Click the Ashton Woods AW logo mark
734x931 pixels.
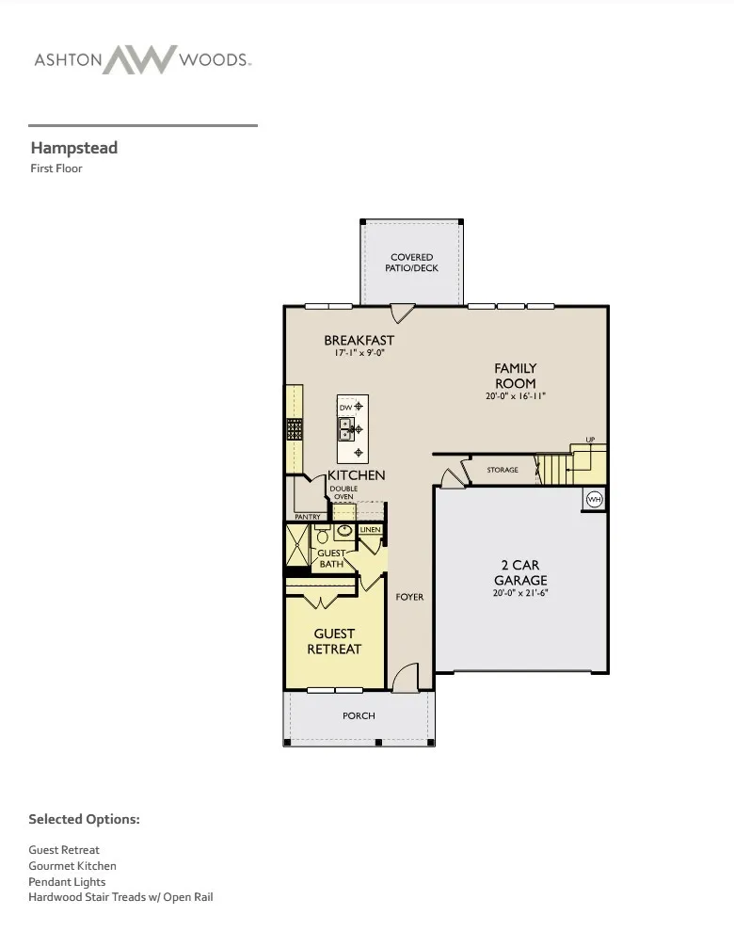[140, 59]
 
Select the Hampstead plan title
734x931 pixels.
[74, 148]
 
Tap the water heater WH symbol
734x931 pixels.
[595, 499]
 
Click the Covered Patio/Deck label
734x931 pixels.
[412, 263]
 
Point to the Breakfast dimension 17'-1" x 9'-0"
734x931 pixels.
[359, 353]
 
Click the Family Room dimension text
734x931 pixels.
[515, 396]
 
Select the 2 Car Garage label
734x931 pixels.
[520, 572]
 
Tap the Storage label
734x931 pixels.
[503, 470]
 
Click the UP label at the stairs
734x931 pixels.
[590, 440]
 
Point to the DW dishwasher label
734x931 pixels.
[345, 408]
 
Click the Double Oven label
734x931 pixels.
[343, 493]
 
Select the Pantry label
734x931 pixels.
[308, 517]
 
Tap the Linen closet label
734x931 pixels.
[370, 530]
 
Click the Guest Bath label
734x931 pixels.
[331, 559]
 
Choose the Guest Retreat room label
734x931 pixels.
[334, 641]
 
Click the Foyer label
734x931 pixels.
[410, 597]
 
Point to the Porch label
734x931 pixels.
[359, 716]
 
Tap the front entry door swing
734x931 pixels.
[407, 678]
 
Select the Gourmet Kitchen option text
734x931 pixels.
[72, 866]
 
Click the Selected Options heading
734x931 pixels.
[85, 819]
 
